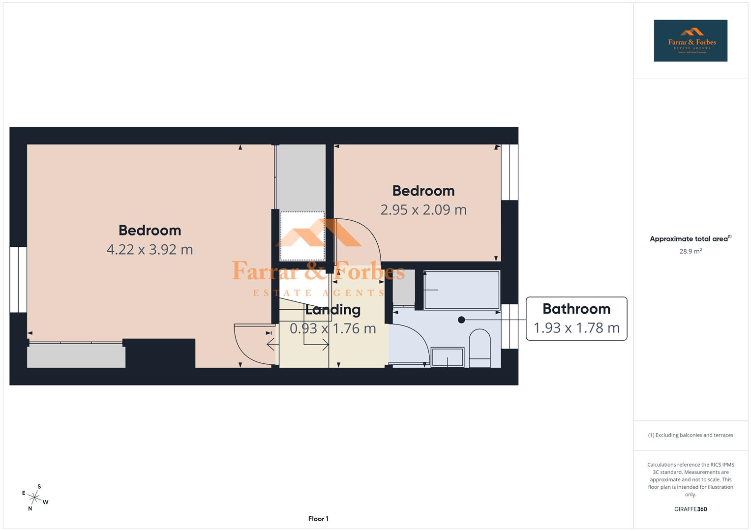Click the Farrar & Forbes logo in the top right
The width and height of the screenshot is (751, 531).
[x=690, y=40]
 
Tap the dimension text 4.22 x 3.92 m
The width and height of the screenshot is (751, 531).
[x=150, y=249]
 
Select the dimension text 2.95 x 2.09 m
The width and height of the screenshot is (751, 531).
[x=423, y=209]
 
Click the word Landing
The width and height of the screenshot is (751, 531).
[x=333, y=310]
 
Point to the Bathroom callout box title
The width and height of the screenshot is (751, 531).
[x=576, y=309]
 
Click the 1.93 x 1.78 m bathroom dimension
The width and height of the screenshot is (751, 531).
[x=576, y=328]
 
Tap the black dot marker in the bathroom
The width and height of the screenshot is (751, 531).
[x=461, y=320]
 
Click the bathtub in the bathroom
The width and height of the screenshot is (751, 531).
[x=461, y=290]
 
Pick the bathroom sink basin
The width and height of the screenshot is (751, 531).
[x=447, y=357]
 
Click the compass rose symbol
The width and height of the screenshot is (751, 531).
[x=35, y=498]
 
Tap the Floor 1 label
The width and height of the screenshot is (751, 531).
[x=318, y=519]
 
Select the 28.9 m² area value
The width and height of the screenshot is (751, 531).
[x=690, y=251]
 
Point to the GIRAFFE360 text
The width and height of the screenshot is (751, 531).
[x=690, y=509]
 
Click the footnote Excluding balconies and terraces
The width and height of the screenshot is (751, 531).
[x=690, y=435]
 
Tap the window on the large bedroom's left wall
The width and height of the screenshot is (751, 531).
[x=18, y=279]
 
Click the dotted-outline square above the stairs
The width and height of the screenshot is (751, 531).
[x=302, y=236]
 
